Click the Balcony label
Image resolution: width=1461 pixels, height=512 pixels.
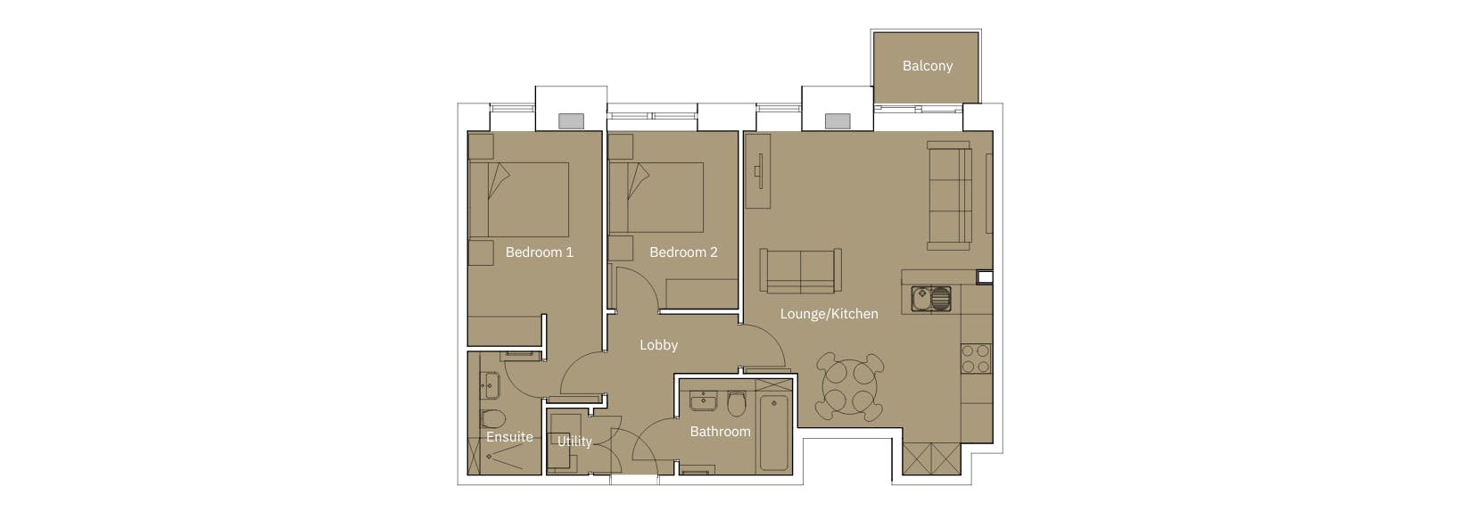tap(927, 66)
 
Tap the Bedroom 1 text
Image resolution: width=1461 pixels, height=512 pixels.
tap(539, 252)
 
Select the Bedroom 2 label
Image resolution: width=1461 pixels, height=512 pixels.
tap(683, 252)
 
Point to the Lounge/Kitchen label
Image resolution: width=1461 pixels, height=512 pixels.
tap(829, 314)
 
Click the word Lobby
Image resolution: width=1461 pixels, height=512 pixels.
tap(658, 345)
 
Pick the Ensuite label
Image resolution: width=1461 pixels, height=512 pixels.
tap(509, 437)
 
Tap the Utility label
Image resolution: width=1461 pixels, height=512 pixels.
tap(574, 441)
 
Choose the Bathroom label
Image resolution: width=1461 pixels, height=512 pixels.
tap(720, 432)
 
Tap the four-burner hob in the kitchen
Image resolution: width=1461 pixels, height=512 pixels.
tap(976, 359)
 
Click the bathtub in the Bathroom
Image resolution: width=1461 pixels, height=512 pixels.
tap(773, 432)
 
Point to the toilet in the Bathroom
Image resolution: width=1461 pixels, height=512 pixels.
tap(737, 404)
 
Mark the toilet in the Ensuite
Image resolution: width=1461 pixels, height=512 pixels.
tap(492, 419)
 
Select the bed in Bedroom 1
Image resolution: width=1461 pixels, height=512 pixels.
tap(518, 199)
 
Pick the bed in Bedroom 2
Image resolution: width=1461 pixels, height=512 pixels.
tap(656, 198)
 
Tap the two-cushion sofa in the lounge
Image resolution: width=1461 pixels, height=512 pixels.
tap(800, 270)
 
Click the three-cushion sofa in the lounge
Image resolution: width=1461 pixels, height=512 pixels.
tap(949, 194)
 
